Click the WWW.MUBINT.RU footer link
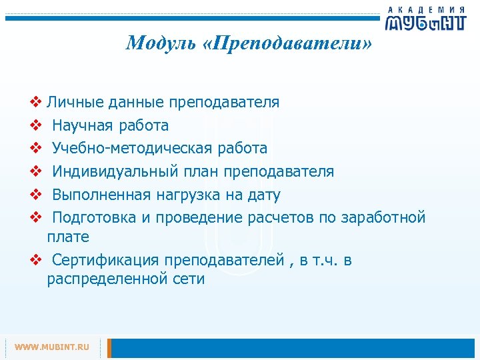coord(52,347)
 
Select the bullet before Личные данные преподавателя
coord(36,103)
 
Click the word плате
coord(68,237)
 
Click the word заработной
coord(383,217)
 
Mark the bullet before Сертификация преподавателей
coord(36,259)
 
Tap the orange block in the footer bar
coord(110,347)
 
